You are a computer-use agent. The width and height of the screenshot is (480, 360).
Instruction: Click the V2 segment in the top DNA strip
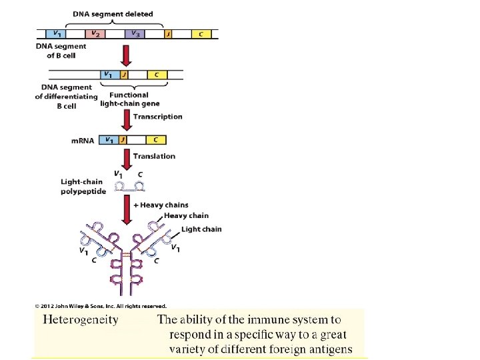coord(95,34)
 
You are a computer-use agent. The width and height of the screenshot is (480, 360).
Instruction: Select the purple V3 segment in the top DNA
coord(135,34)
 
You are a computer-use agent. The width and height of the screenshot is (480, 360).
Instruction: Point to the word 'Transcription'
coord(157,117)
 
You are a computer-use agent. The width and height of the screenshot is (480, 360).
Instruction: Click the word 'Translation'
coord(154,156)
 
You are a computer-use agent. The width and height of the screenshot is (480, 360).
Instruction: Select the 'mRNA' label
coord(83,141)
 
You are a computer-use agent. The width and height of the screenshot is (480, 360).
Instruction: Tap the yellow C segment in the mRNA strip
coord(155,140)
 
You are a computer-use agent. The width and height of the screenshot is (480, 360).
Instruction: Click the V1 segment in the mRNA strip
coord(107,140)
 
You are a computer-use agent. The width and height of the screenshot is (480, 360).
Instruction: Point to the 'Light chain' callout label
coord(201,229)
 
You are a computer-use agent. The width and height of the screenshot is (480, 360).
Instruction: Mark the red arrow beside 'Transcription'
coord(125,120)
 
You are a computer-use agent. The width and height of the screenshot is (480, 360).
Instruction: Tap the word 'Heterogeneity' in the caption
coord(81,319)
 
